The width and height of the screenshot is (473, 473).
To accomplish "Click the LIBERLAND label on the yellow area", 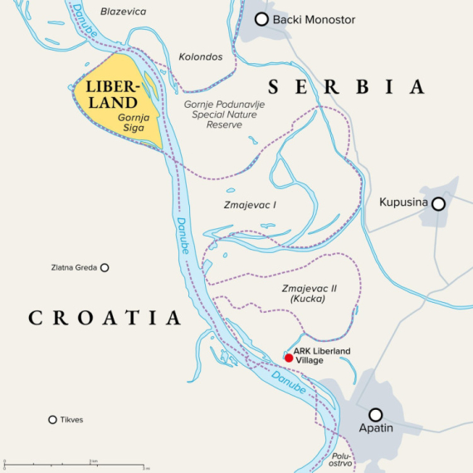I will pyautogui.click(x=109, y=96).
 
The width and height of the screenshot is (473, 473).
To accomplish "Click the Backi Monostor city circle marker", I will pyautogui.click(x=261, y=19).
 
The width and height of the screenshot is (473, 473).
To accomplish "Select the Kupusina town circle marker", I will pyautogui.click(x=437, y=203).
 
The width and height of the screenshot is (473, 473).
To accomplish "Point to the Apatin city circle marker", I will pyautogui.click(x=376, y=414).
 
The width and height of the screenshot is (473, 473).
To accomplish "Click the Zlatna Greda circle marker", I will pyautogui.click(x=105, y=267).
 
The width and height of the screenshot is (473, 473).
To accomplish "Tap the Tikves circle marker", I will pyautogui.click(x=52, y=420).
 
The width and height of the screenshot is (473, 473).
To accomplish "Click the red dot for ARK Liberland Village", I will pyautogui.click(x=288, y=358).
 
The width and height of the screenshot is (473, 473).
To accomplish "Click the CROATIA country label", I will pyautogui.click(x=105, y=317).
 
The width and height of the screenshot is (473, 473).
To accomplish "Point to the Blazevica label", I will pyautogui.click(x=124, y=11).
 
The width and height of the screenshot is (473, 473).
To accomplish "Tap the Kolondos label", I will pyautogui.click(x=200, y=56).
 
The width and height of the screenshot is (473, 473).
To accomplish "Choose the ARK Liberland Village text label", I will pyautogui.click(x=323, y=356).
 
